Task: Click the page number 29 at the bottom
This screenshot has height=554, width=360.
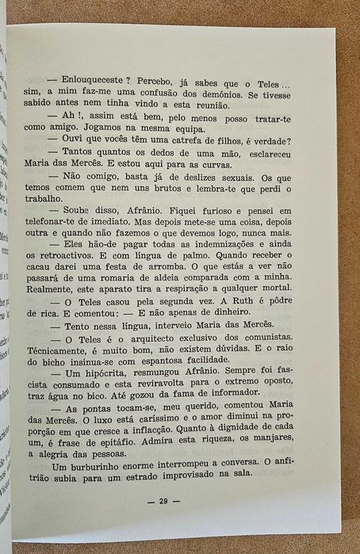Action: point(164,501)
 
